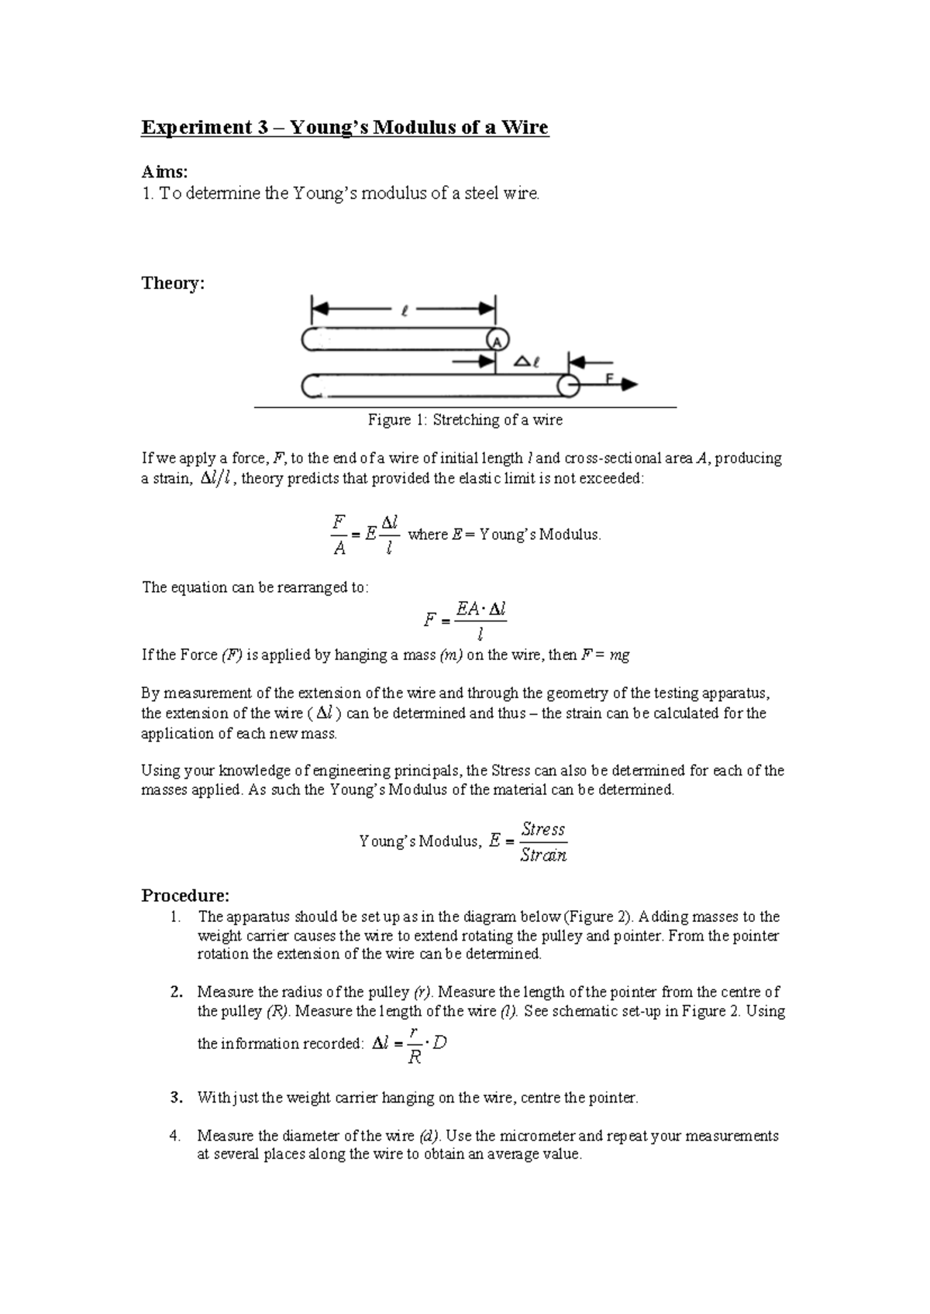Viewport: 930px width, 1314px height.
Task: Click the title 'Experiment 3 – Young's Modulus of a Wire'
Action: pos(344,127)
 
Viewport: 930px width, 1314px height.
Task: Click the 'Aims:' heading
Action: pos(164,172)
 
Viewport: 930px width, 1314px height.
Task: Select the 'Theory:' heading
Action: pos(172,283)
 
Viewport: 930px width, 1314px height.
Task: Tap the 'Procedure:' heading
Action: pos(185,896)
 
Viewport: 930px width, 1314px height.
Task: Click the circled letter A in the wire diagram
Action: pos(498,340)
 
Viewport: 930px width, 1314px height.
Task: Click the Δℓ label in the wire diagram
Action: pos(527,362)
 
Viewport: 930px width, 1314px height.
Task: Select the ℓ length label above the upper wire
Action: pos(404,311)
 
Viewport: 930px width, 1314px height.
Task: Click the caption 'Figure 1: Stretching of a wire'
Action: pos(465,420)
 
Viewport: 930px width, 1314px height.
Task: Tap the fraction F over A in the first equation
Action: pos(339,535)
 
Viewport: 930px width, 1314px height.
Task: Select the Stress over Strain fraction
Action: pos(542,842)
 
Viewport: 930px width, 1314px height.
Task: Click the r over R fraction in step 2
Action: pos(415,1044)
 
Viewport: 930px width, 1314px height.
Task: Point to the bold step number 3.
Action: pos(176,1098)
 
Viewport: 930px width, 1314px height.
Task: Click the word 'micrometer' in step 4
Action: pos(537,1136)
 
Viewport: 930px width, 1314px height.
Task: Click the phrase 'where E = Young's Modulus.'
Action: pos(504,535)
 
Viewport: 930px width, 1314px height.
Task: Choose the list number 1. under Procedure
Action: pos(176,917)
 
